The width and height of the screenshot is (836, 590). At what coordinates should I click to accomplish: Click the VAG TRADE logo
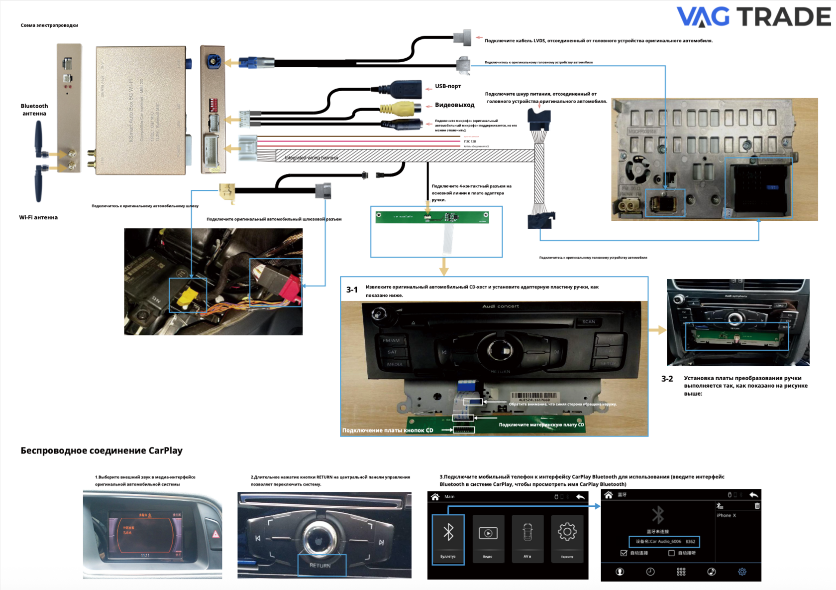click(753, 16)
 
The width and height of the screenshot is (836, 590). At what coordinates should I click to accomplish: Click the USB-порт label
click(448, 86)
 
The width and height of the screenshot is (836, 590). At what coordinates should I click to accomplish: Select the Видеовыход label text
click(454, 105)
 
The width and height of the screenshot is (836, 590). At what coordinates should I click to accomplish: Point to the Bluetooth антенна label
click(34, 110)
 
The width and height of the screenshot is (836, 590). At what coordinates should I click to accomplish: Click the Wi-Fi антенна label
click(38, 217)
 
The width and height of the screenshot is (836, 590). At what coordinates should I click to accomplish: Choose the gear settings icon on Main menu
click(567, 532)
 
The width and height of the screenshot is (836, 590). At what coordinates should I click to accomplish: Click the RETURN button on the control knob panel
click(320, 566)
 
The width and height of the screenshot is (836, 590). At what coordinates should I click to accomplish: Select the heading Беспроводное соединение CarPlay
click(102, 450)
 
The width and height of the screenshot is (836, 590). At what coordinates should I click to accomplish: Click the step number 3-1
click(352, 290)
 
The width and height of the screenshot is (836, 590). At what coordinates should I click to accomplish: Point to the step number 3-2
click(667, 379)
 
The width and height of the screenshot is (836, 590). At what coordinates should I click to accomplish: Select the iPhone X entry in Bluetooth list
click(726, 515)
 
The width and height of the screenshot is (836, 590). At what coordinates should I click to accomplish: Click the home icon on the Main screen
click(435, 497)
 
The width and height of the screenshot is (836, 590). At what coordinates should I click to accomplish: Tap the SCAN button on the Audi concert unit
click(589, 322)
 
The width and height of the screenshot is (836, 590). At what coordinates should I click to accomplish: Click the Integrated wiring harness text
click(312, 158)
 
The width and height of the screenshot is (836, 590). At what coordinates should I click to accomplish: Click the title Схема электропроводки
click(49, 25)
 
